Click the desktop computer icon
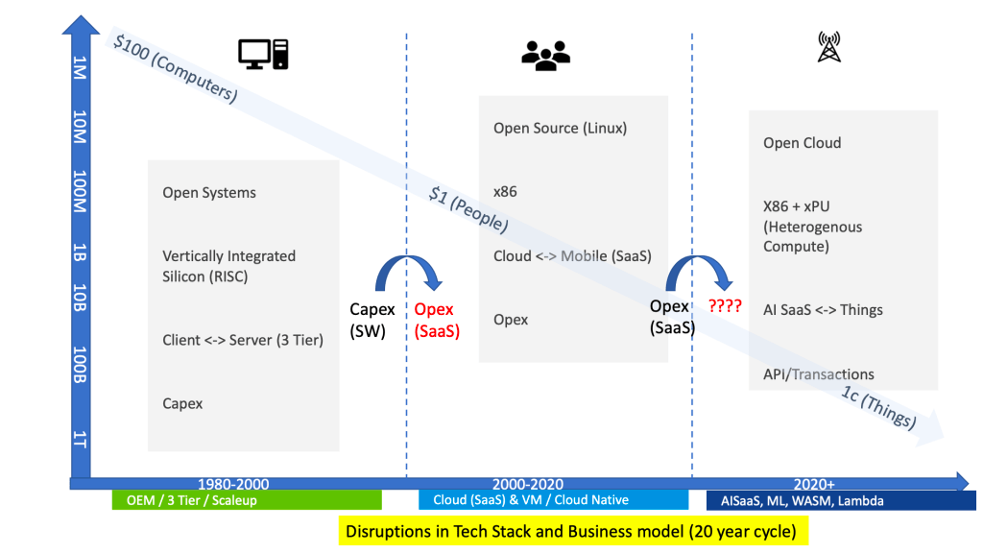pyautogui.click(x=263, y=54)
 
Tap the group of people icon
pyautogui.click(x=545, y=56)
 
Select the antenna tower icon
pyautogui.click(x=828, y=47)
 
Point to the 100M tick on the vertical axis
pyautogui.click(x=80, y=193)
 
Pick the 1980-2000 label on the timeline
pyautogui.click(x=233, y=484)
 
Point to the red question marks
pyautogui.click(x=725, y=307)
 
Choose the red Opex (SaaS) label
pyautogui.click(x=437, y=321)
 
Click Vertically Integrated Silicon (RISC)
pyautogui.click(x=228, y=266)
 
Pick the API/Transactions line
pyautogui.click(x=819, y=374)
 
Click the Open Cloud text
pyautogui.click(x=802, y=143)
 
